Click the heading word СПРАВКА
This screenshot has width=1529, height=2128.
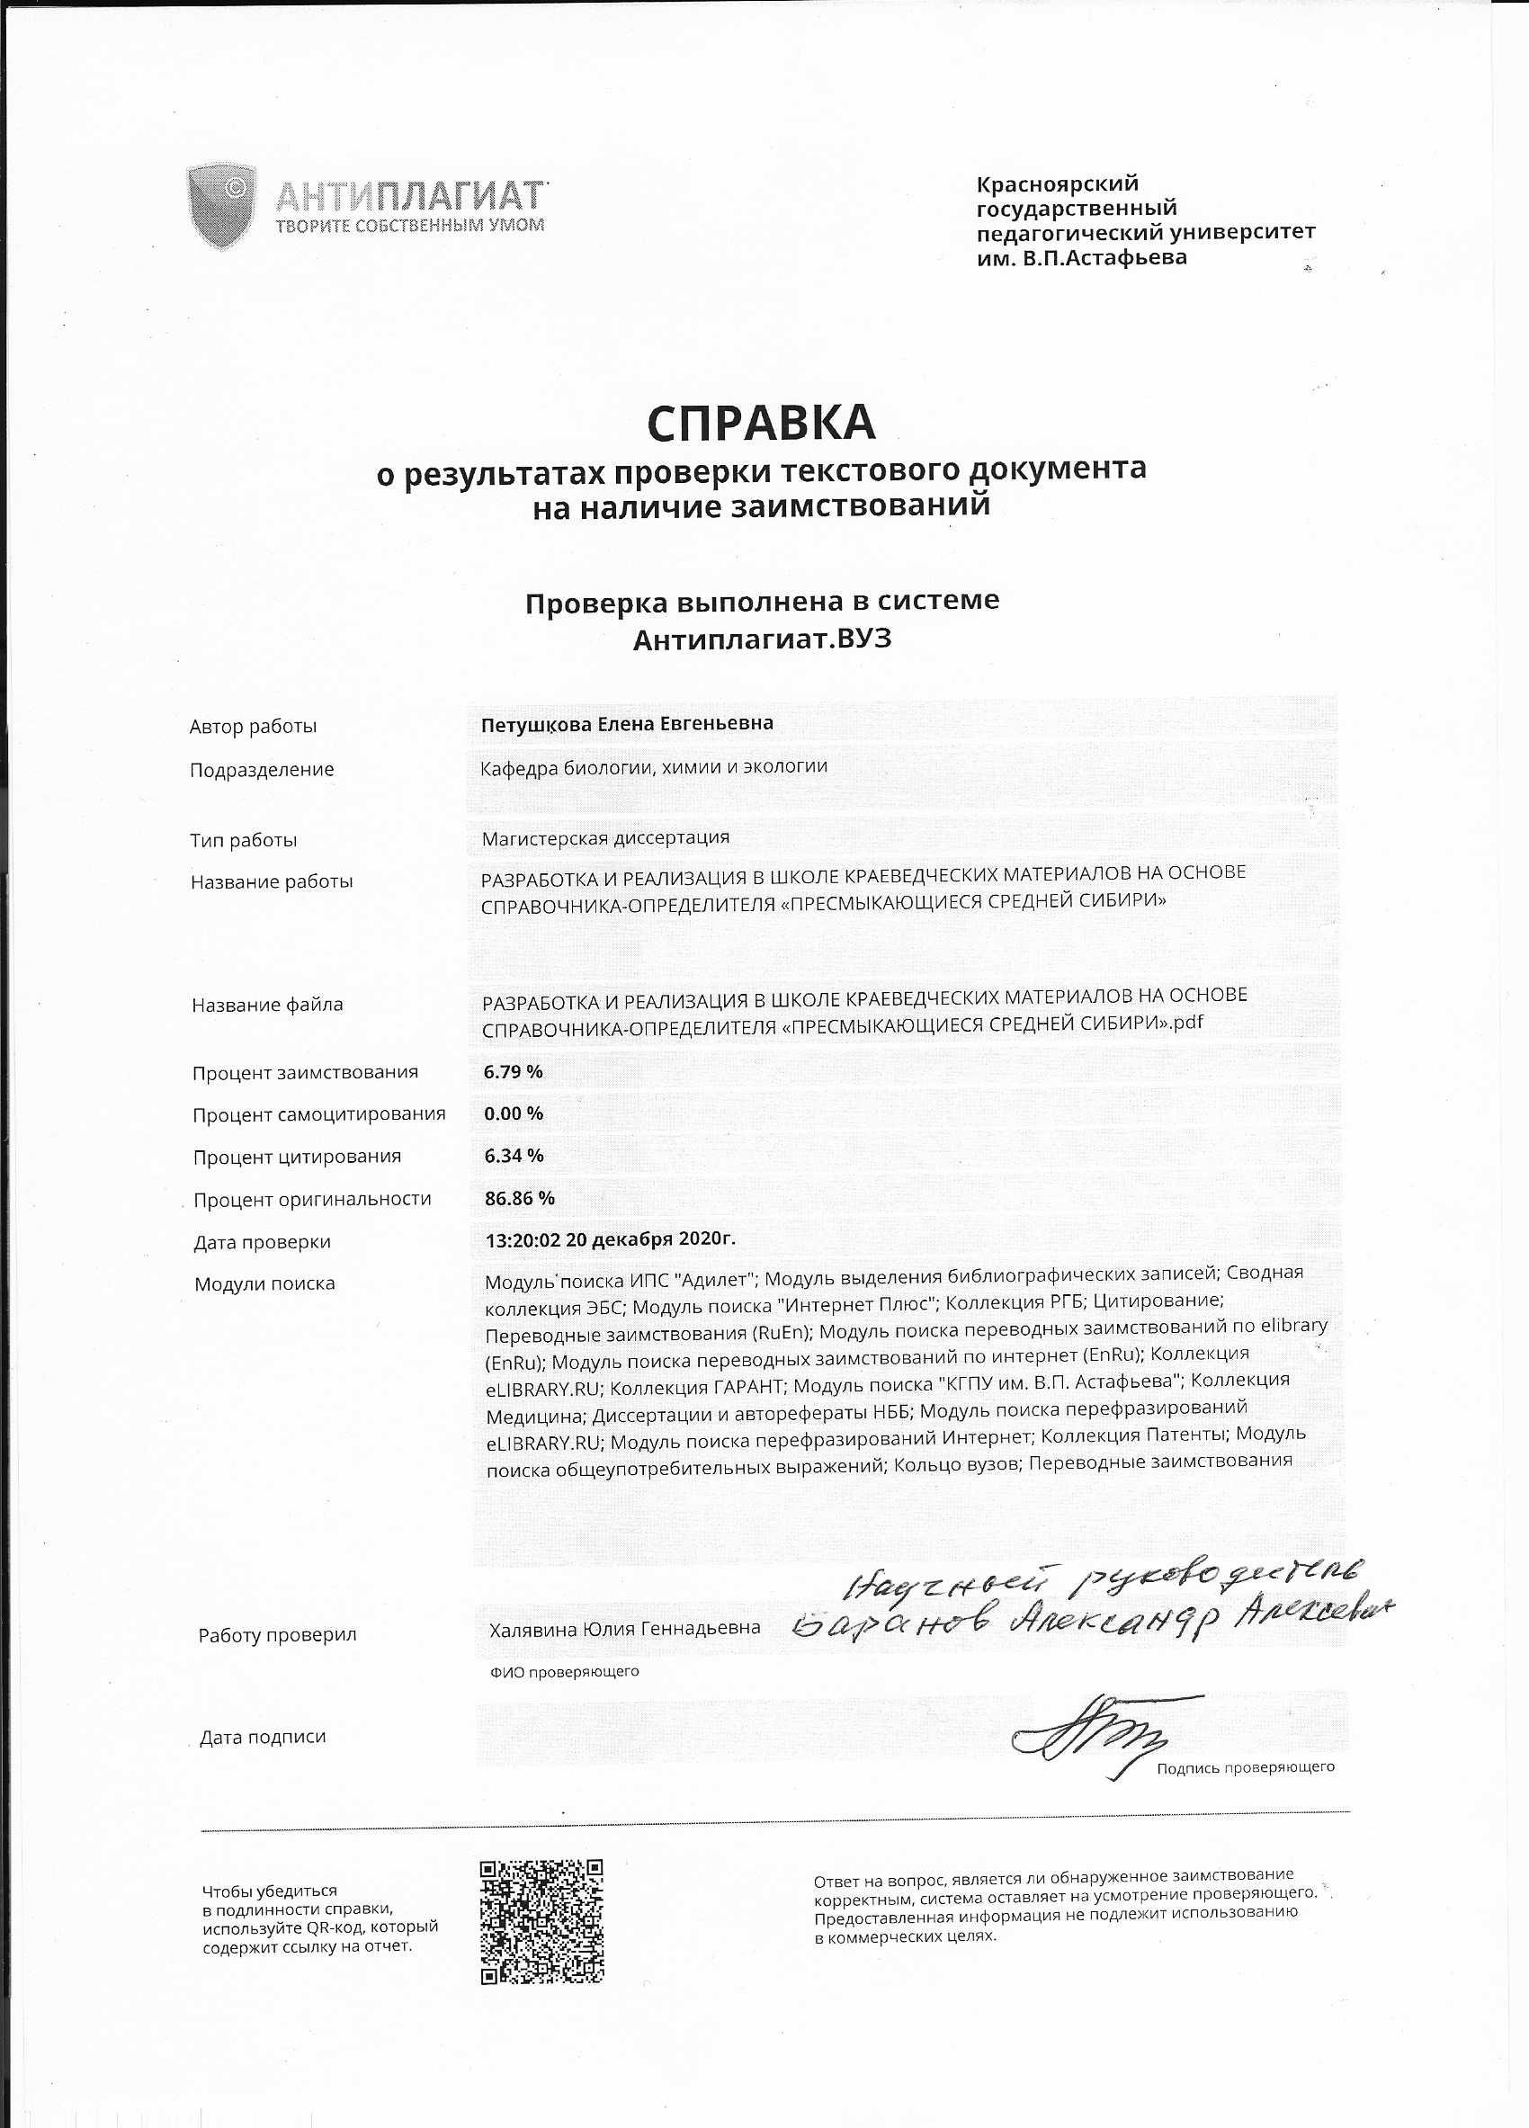click(761, 425)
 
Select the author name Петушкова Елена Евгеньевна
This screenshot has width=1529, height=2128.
click(627, 723)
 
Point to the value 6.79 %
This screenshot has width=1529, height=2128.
click(513, 1071)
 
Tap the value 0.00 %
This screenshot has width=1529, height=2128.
click(513, 1113)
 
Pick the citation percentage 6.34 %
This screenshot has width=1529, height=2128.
click(513, 1156)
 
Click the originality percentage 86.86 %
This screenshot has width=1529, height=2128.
click(519, 1198)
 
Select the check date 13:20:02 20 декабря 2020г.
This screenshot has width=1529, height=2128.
click(610, 1239)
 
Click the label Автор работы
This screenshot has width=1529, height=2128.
click(254, 726)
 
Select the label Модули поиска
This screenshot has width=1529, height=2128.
click(264, 1283)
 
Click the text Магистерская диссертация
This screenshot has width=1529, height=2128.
click(605, 838)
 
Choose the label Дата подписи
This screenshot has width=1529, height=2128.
click(263, 1737)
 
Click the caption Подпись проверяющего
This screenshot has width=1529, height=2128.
click(1245, 1767)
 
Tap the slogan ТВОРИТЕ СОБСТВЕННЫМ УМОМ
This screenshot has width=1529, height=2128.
click(410, 225)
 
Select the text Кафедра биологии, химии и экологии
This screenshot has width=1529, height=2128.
click(654, 766)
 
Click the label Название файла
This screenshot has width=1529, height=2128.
click(267, 1005)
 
